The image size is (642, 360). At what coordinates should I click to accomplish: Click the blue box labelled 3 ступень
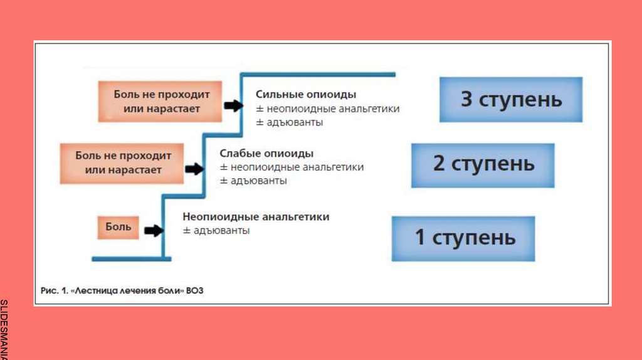click(x=510, y=100)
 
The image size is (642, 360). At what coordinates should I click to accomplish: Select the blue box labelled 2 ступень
click(x=483, y=165)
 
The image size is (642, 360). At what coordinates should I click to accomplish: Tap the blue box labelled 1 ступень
click(x=463, y=238)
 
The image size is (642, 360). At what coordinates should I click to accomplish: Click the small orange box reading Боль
click(x=118, y=227)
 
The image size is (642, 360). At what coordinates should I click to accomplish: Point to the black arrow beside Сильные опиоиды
click(x=234, y=106)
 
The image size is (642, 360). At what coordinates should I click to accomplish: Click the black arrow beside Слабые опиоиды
click(x=195, y=168)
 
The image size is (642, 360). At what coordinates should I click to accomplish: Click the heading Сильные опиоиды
click(x=306, y=94)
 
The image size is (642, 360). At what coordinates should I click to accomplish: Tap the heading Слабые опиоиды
click(x=266, y=153)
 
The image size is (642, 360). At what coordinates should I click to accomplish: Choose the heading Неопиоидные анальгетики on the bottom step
click(x=256, y=216)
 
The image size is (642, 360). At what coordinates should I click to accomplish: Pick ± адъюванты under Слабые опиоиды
click(x=253, y=181)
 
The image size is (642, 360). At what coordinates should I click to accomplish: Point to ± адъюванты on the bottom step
click(x=216, y=230)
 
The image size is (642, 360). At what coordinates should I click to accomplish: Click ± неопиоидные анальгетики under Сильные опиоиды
click(x=327, y=109)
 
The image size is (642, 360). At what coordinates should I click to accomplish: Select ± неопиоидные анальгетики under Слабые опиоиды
click(x=292, y=167)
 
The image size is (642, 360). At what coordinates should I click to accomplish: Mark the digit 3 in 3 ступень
click(x=466, y=100)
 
